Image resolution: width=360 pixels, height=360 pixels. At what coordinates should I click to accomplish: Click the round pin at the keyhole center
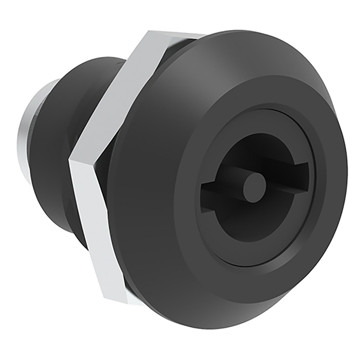(x=254, y=187)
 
